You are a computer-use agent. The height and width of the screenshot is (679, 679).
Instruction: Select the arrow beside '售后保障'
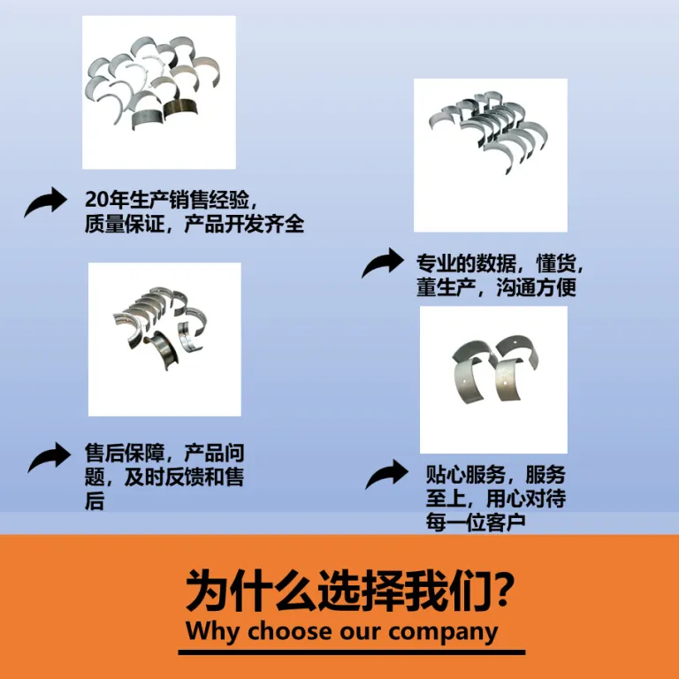point(50,457)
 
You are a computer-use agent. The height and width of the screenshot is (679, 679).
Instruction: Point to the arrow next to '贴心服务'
point(387,474)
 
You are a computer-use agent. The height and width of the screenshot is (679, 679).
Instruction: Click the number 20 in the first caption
point(96,200)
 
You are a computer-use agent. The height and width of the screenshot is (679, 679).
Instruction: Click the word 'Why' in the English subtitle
point(212,632)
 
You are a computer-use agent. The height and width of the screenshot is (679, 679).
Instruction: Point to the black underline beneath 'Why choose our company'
point(352,652)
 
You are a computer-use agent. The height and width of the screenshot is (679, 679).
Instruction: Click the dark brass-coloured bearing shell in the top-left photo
point(180,108)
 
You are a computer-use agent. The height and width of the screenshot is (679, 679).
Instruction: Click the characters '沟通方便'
point(536,286)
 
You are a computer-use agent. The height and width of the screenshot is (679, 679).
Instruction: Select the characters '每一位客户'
point(476,523)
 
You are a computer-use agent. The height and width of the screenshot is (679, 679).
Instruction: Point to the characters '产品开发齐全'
point(244,225)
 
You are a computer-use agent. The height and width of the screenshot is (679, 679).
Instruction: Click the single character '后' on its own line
point(95,500)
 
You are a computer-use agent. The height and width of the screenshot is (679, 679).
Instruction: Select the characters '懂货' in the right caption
point(556,263)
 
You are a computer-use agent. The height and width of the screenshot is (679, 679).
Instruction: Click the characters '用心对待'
point(526,499)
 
